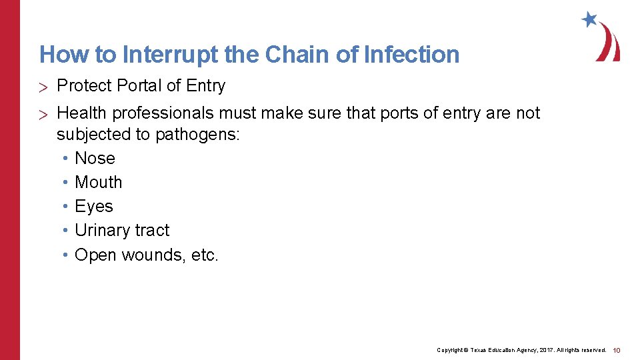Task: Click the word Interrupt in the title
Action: click(x=177, y=55)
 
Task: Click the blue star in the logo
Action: click(x=589, y=19)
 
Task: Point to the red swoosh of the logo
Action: click(x=609, y=44)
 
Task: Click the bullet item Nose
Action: click(x=95, y=158)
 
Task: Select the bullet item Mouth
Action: click(x=99, y=182)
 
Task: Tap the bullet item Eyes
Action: click(x=94, y=207)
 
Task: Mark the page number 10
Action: click(x=617, y=350)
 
